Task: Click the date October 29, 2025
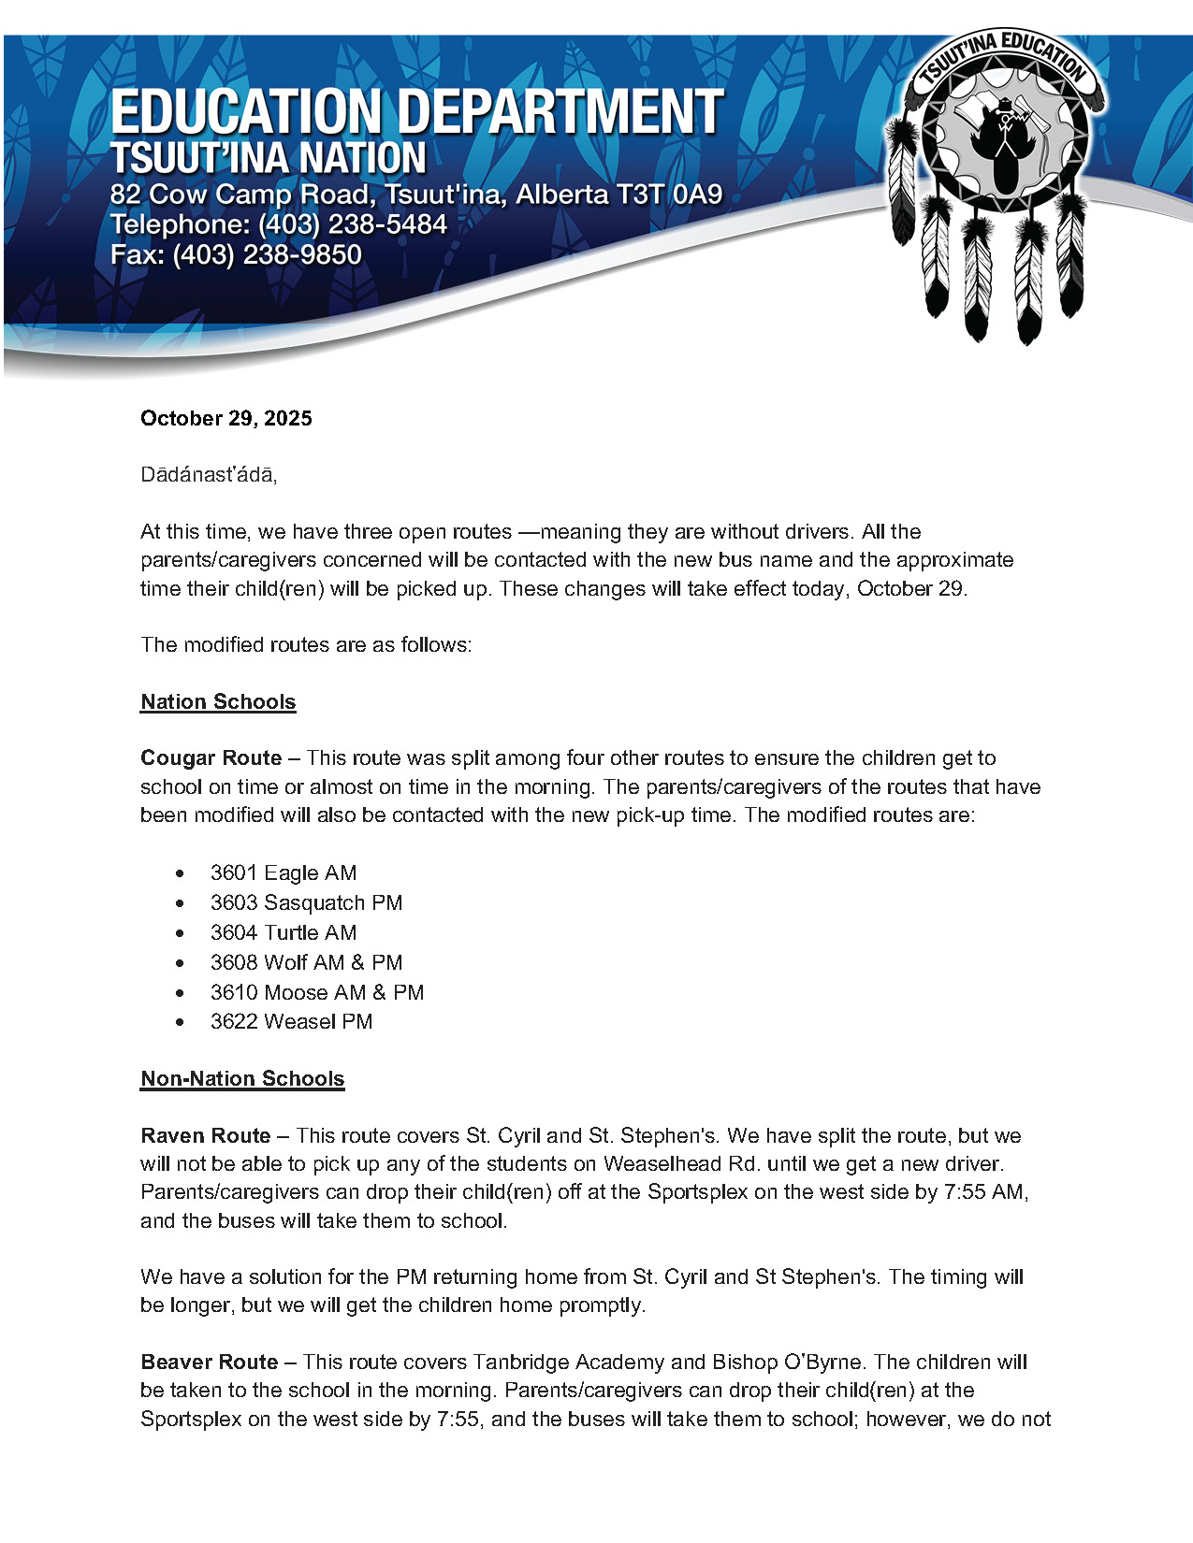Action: click(x=226, y=418)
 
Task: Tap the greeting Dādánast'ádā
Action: click(x=209, y=474)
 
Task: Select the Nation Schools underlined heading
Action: click(x=218, y=701)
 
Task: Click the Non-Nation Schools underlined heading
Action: click(x=242, y=1078)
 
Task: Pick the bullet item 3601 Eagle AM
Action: click(x=283, y=872)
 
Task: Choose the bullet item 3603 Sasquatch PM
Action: click(x=306, y=902)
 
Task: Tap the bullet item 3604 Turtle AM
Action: click(x=283, y=932)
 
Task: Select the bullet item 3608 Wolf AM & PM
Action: click(x=306, y=962)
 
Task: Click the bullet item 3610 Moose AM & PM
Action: click(x=316, y=992)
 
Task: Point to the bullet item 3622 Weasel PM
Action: click(x=291, y=1021)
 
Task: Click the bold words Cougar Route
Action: click(x=211, y=757)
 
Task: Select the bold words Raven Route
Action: click(x=205, y=1135)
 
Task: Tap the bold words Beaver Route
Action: click(x=209, y=1362)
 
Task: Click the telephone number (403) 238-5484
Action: click(x=352, y=224)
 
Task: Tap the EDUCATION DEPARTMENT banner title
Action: click(x=416, y=112)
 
